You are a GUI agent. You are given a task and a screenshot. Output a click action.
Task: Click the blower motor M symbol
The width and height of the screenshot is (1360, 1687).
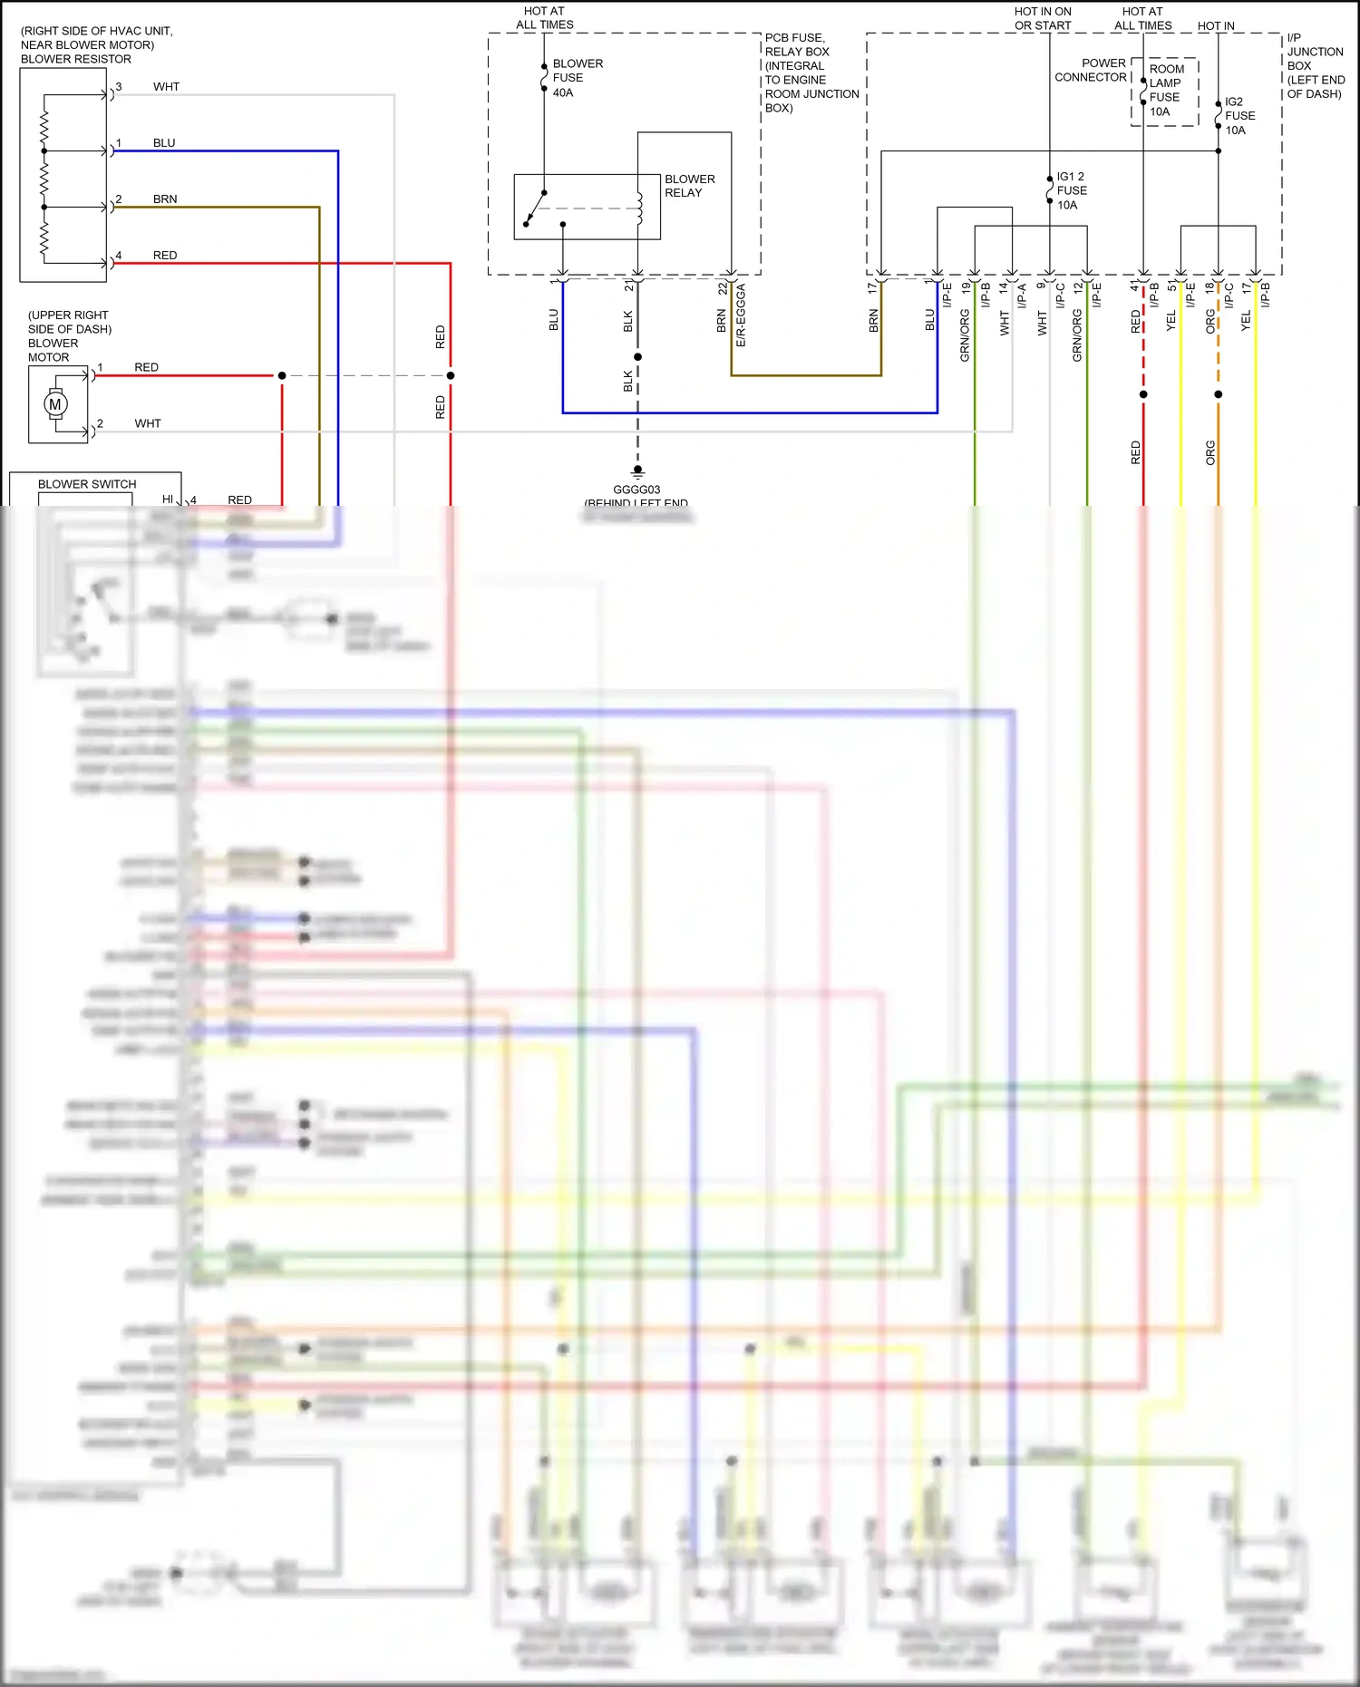pos(55,404)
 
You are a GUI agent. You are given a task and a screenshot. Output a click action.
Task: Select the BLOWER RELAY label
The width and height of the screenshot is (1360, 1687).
pos(689,186)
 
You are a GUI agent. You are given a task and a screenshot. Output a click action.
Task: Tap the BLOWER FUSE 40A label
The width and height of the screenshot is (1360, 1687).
pos(577,78)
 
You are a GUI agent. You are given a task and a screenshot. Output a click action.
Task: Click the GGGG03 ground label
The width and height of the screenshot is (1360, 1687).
pos(636,490)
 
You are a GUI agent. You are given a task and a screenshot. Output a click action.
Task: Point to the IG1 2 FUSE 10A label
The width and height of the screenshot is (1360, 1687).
pos(1071,190)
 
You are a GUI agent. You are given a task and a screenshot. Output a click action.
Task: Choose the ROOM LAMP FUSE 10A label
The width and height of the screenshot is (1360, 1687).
pos(1166,90)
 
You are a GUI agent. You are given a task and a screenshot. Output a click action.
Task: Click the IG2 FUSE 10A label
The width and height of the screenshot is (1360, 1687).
pos(1239,116)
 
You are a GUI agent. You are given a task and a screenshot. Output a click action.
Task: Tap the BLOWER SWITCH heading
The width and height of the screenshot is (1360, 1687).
pos(87,484)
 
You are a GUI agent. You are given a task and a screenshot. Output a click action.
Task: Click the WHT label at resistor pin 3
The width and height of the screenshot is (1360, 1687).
pos(166,87)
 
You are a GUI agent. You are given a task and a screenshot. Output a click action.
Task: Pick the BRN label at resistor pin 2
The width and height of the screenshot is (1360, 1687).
pos(165,199)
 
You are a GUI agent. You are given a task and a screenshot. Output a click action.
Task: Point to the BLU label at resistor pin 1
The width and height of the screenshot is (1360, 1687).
pos(164,143)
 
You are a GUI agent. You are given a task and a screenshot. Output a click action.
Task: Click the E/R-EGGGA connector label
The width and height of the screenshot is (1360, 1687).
pos(741,315)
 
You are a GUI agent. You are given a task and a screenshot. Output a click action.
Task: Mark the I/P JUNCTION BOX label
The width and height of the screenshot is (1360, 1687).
pos(1315,65)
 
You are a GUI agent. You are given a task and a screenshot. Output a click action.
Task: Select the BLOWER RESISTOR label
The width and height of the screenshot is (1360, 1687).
pos(76,59)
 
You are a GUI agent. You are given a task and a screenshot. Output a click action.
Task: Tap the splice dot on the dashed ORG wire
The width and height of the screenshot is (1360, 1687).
pos(1219,394)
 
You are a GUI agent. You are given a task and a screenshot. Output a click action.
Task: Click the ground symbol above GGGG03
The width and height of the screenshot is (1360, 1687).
pos(637,471)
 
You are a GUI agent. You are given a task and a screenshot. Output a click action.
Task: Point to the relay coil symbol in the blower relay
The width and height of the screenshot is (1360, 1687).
pos(639,208)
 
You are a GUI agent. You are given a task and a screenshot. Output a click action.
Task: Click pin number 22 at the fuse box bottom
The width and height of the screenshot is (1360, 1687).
pos(723,288)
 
